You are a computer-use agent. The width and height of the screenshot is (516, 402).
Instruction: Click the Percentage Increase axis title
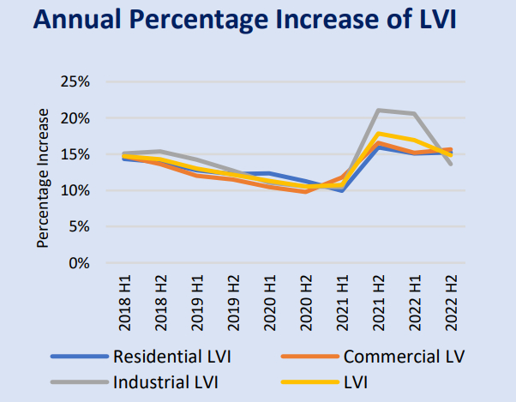point(43,177)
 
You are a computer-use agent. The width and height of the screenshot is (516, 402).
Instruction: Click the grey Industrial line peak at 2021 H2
point(378,110)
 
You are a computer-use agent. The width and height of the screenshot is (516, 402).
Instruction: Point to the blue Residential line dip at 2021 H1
point(341,190)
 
